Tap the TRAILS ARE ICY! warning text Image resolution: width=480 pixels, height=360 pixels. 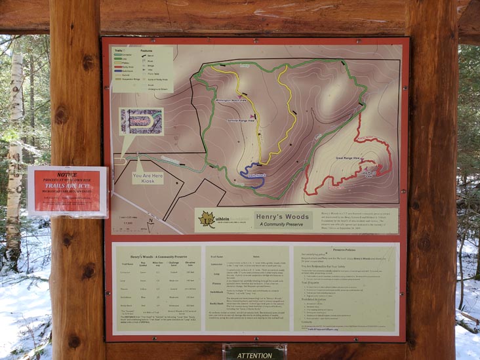(67, 186)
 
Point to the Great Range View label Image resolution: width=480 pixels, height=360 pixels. (348, 159)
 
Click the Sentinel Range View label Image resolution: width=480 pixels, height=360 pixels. (239, 122)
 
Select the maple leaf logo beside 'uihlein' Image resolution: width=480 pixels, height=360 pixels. (207, 219)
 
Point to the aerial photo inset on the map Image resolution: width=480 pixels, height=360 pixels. (141, 122)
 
